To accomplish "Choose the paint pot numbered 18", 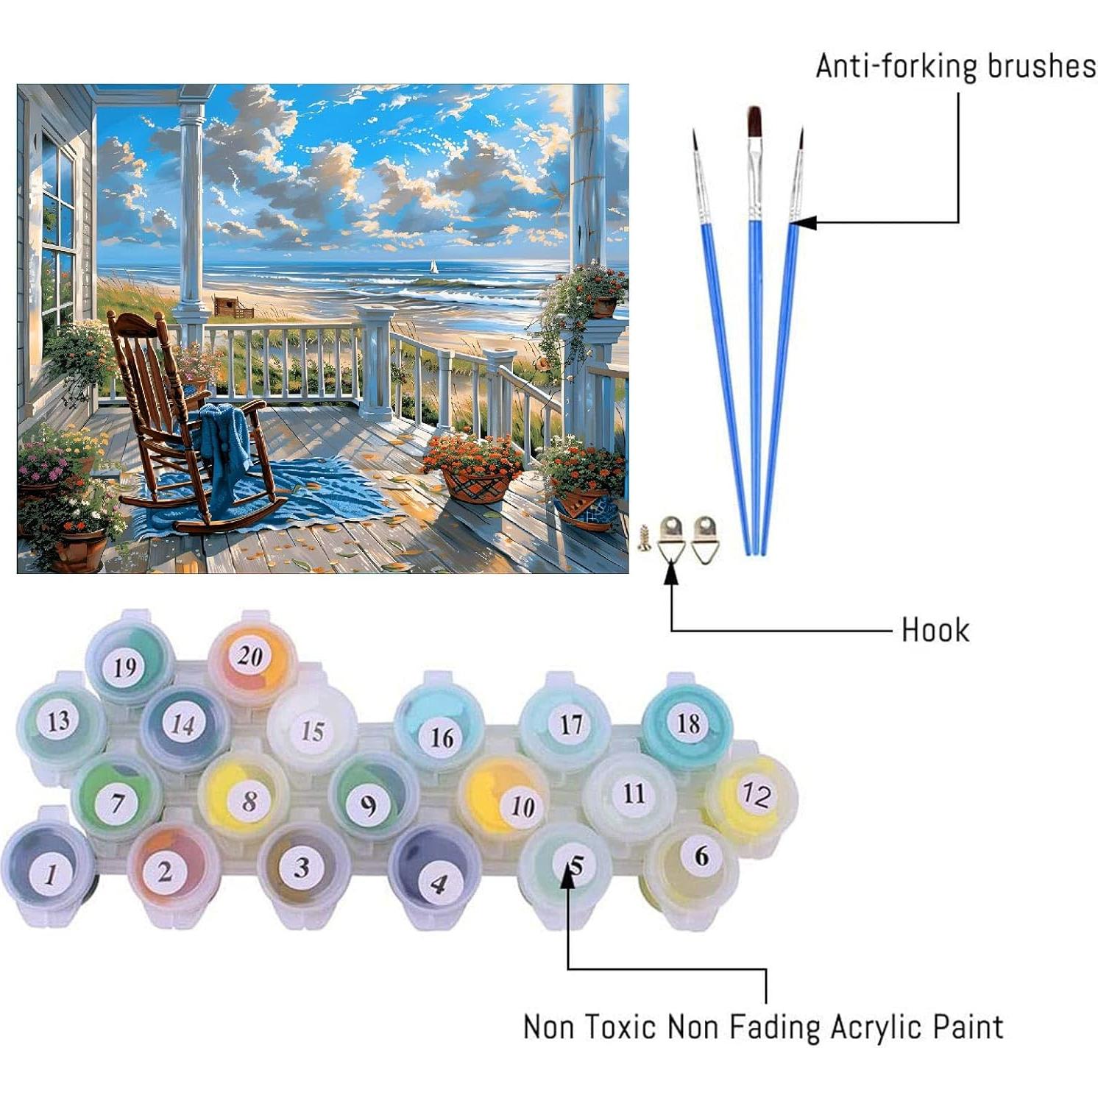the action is [687, 723].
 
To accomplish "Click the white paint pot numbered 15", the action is [312, 729].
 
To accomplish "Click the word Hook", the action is [935, 631].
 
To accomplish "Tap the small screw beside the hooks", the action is [644, 539].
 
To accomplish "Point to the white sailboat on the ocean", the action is [433, 267].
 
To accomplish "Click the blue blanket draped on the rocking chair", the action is [225, 434].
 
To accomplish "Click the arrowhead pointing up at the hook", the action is [671, 575].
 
